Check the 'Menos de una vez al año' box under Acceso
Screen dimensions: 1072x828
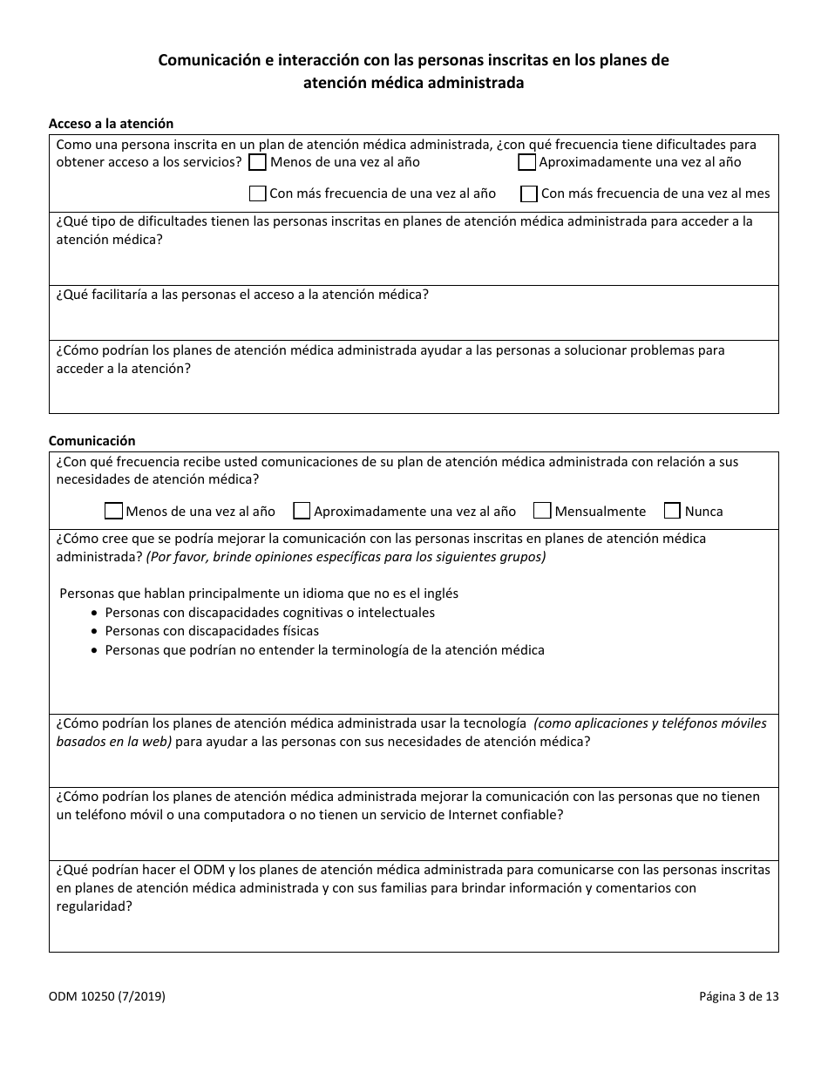pos(257,162)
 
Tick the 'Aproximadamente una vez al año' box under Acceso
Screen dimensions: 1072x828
pos(526,162)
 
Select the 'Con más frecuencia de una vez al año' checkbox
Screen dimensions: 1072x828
pos(257,193)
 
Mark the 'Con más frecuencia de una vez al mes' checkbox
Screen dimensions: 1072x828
pos(528,193)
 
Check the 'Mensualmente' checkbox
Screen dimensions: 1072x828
pos(542,511)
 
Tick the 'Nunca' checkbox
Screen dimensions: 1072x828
pos(672,511)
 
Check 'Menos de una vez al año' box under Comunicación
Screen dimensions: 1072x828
pos(113,511)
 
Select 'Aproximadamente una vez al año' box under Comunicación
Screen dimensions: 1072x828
pos(302,511)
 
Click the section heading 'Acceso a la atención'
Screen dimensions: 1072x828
pos(111,124)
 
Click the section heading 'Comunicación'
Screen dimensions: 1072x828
pos(92,441)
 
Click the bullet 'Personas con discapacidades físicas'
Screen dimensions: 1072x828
pos(212,631)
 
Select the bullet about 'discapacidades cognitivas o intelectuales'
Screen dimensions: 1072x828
pos(269,613)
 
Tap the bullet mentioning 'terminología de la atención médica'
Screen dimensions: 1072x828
pos(324,650)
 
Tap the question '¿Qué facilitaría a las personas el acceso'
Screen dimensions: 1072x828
pos(241,295)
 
